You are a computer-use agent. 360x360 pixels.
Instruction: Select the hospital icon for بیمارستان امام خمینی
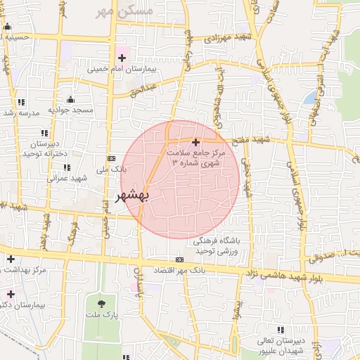pos(123,57)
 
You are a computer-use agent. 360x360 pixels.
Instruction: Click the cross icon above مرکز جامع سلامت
pos(195,143)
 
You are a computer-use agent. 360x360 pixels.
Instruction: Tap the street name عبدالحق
pos(146,90)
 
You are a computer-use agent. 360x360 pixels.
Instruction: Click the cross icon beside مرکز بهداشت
pos(11,259)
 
